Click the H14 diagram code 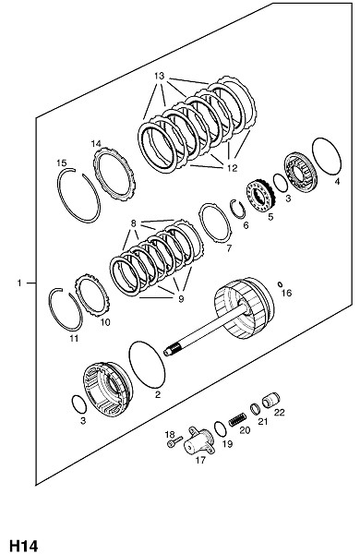pos(24,546)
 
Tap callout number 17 pos(200,460)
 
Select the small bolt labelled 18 pos(174,441)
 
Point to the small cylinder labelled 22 pos(271,400)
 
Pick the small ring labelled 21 pos(256,408)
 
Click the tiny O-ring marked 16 pos(281,283)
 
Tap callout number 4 pos(337,181)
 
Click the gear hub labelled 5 pos(260,196)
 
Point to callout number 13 pos(160,76)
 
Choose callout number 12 pos(232,168)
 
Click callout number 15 pos(62,163)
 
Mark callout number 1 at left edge pos(19,283)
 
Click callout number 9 pos(181,299)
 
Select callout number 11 pos(74,339)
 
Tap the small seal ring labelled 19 pos(220,429)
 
